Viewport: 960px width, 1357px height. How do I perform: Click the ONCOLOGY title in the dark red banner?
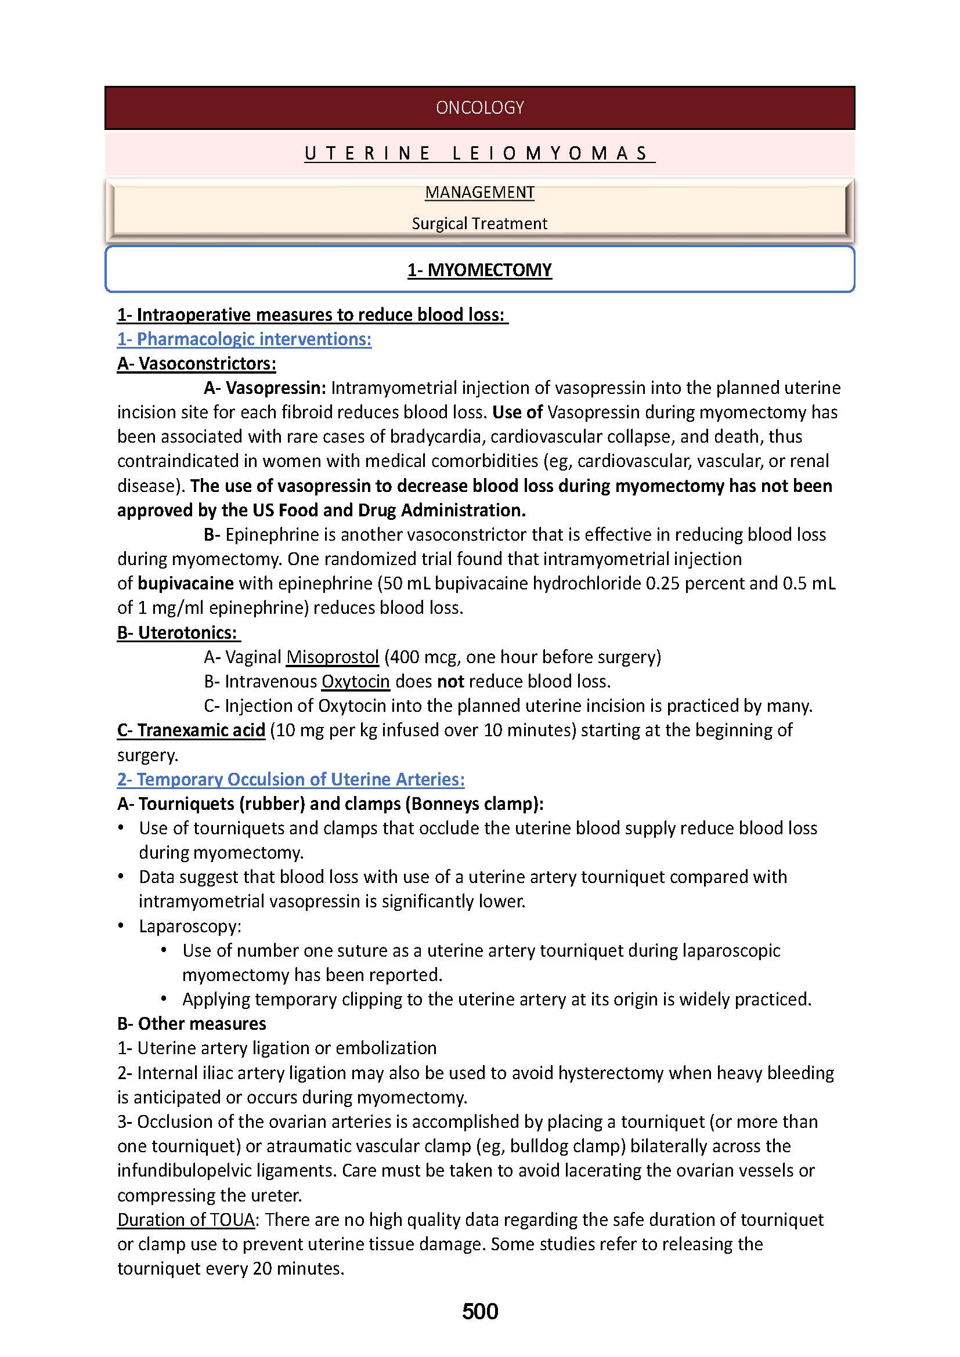coord(479,107)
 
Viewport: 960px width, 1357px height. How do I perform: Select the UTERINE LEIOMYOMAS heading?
coord(479,154)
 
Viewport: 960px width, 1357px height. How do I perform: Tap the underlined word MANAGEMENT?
coord(479,193)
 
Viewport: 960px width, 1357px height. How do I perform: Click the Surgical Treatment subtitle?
coord(479,223)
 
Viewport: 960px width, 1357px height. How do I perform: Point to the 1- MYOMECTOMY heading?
coord(479,270)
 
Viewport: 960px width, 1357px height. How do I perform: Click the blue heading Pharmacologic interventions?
coord(244,339)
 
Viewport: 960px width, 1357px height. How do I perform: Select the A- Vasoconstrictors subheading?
coord(196,364)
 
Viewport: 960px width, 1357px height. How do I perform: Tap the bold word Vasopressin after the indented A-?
coord(276,388)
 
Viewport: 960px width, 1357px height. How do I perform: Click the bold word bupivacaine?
coord(186,583)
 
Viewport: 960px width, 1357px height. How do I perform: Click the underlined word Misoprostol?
coord(332,657)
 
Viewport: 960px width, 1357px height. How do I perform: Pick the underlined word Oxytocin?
coord(355,682)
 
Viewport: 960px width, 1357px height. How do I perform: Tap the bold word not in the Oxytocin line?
coord(450,682)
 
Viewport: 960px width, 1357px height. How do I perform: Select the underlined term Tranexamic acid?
coord(191,730)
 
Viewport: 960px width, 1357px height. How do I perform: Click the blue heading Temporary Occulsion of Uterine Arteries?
coord(291,780)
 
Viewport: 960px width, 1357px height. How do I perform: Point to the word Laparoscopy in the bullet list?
coord(190,926)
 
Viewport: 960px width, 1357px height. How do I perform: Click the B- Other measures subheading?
coord(192,1023)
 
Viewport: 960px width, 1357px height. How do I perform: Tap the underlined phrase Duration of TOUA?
coord(186,1220)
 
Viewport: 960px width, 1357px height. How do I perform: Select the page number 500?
coord(480,1312)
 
